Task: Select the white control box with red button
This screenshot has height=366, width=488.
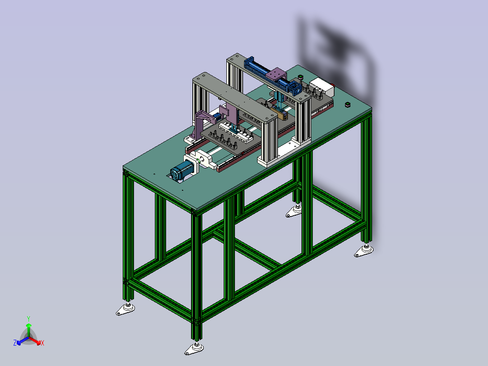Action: [322, 87]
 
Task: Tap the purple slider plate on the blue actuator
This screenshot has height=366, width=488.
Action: [276, 74]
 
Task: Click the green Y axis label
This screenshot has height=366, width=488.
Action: [29, 318]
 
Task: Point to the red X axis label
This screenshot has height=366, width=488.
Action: [43, 343]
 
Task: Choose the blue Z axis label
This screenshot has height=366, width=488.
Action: [15, 342]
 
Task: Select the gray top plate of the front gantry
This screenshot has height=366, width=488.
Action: [234, 97]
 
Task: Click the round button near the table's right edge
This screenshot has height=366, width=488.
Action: [348, 104]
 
